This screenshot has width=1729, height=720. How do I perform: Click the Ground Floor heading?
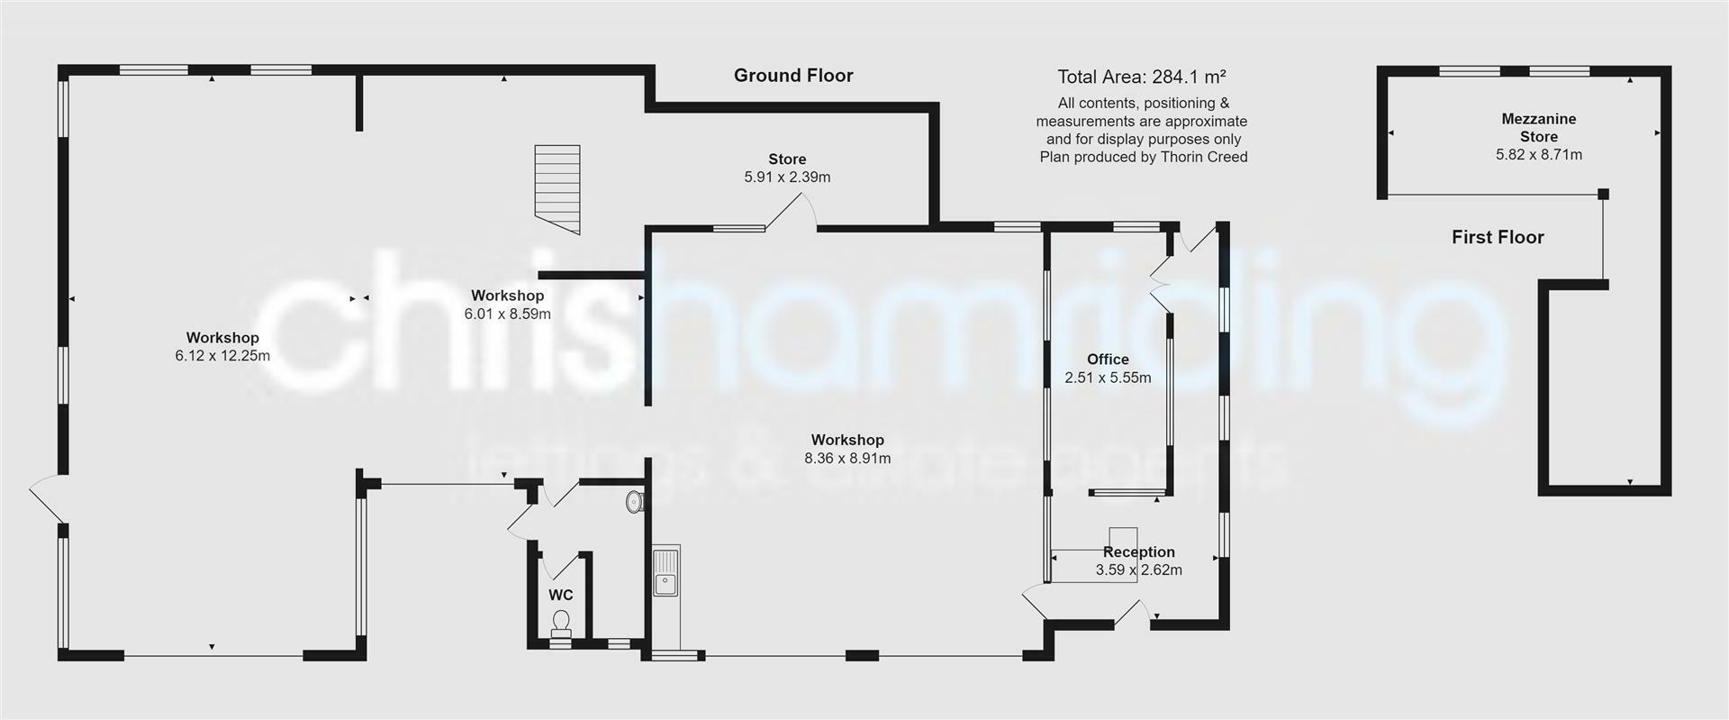[792, 76]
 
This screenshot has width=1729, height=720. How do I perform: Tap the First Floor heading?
[1498, 237]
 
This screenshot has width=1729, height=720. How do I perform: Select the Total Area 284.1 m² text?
[1141, 77]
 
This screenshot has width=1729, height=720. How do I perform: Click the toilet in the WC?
[561, 623]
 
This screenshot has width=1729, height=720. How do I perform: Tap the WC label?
[560, 596]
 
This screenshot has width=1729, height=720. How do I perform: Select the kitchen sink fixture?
[665, 571]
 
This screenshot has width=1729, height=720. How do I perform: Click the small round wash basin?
[634, 501]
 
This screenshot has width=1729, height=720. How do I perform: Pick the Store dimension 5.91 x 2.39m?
[787, 178]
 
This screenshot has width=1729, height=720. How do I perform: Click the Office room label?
[1108, 360]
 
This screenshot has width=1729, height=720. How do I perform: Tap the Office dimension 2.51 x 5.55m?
[1108, 378]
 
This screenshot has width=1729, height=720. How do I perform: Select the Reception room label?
[1139, 551]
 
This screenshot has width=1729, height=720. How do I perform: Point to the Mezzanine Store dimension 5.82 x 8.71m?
[1538, 155]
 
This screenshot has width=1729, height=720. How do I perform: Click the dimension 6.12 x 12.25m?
[222, 356]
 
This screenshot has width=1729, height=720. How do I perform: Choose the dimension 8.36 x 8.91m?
[846, 458]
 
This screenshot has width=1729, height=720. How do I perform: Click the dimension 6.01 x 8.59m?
[507, 314]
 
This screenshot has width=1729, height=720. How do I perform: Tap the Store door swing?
[792, 212]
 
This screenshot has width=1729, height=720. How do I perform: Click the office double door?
[1160, 284]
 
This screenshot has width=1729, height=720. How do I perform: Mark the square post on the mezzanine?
[1603, 194]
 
